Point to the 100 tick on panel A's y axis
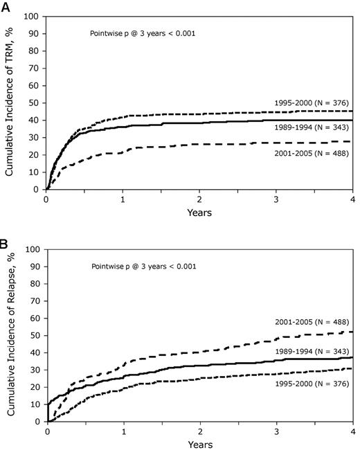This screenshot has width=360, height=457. click(34, 14)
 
